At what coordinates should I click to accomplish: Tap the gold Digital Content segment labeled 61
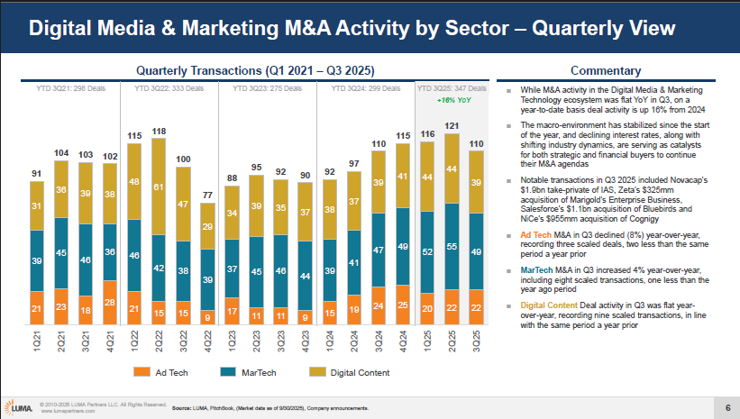click(159, 187)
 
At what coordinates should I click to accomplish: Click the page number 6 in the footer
click(726, 407)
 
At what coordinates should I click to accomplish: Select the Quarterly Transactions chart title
click(254, 71)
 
